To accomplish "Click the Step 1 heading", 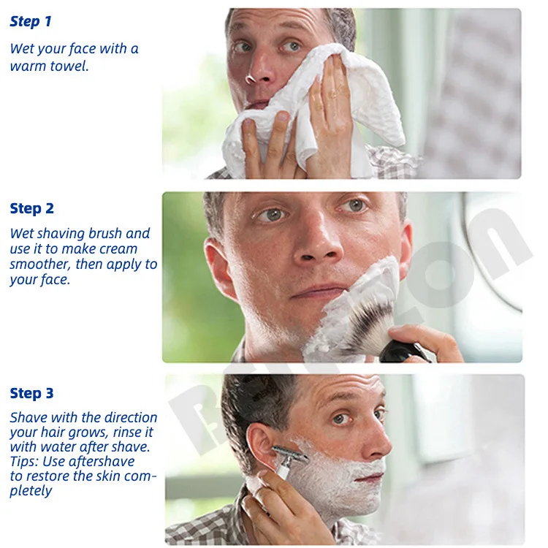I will click(31, 22).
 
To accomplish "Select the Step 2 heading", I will click(31, 209).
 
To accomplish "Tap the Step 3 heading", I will click(31, 394).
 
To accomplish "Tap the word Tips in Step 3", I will click(24, 462).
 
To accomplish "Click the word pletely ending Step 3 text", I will click(31, 491).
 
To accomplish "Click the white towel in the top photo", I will click(343, 110).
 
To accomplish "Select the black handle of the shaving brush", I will click(402, 352).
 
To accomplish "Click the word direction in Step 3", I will click(131, 418).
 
